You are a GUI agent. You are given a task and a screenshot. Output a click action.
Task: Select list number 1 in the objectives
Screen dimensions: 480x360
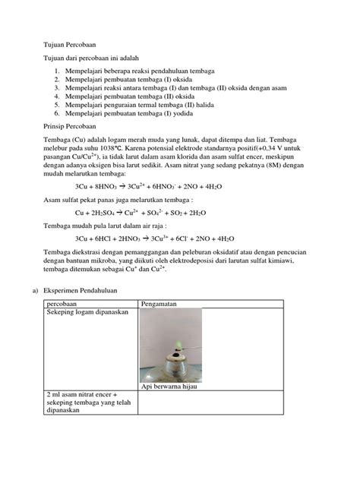(x=57, y=70)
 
